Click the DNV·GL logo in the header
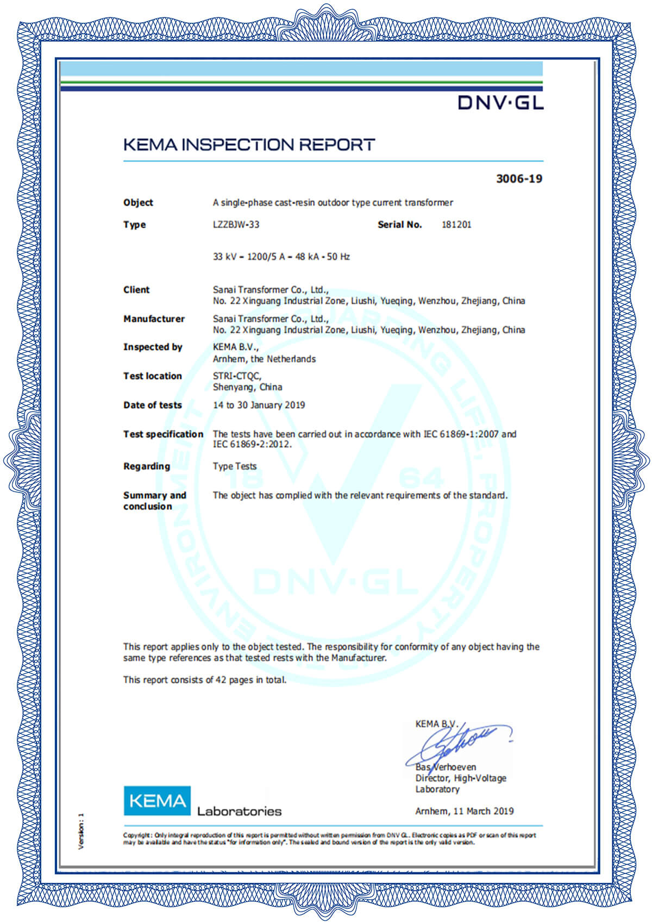(x=500, y=102)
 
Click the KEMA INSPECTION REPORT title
(x=249, y=145)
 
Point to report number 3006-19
(x=519, y=179)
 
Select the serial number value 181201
(x=456, y=224)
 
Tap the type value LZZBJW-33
(x=236, y=224)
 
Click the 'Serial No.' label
(x=399, y=224)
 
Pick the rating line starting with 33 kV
(x=281, y=257)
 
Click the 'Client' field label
(x=136, y=290)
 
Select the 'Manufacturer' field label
(x=154, y=319)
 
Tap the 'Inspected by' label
(x=153, y=347)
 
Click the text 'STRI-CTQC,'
(x=237, y=376)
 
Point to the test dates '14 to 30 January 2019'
(x=259, y=405)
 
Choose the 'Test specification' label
(x=163, y=434)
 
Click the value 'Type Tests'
(x=234, y=466)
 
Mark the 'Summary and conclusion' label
(x=154, y=501)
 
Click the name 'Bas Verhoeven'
(x=446, y=767)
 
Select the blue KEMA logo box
(x=157, y=800)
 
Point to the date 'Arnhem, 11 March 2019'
(x=464, y=811)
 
